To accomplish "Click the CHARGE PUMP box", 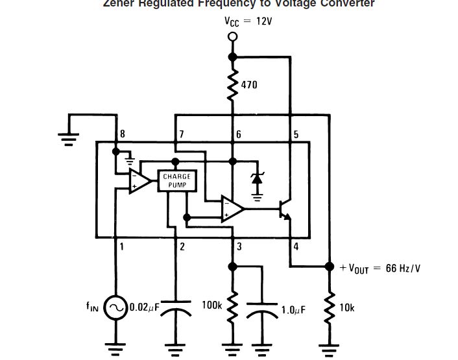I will [176, 181].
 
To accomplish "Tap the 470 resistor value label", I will [249, 84].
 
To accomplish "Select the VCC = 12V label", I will [248, 21].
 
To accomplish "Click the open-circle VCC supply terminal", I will [232, 37].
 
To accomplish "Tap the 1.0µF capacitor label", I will [293, 310].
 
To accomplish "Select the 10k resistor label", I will [347, 307].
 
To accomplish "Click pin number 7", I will [181, 134].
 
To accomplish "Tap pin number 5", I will [296, 134].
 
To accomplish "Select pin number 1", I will [121, 246].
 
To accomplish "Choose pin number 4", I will [296, 246].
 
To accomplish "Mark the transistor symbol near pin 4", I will [284, 210].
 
